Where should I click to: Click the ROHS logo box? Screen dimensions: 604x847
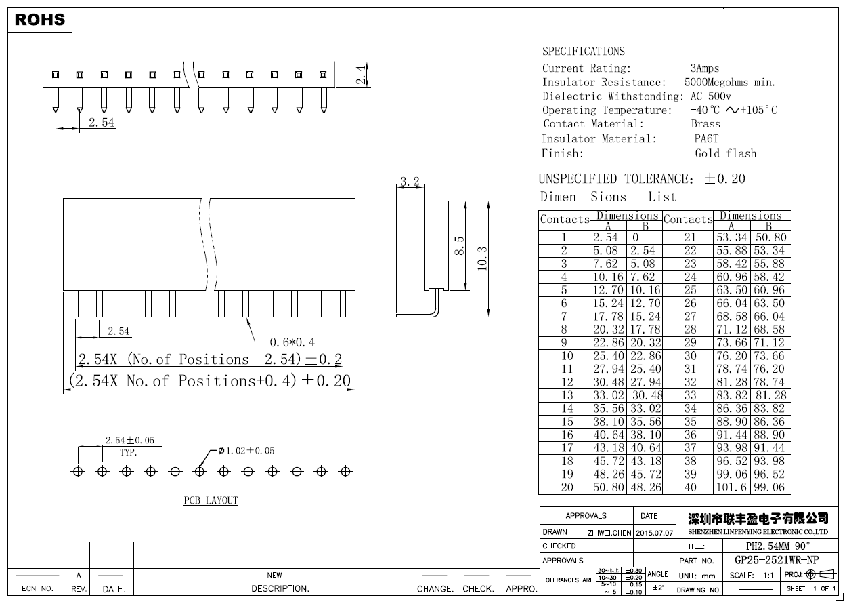point(40,20)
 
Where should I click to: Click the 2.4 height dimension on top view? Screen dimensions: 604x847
point(362,75)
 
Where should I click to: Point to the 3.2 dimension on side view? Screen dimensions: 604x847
point(410,182)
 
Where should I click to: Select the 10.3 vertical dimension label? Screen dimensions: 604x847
point(482,258)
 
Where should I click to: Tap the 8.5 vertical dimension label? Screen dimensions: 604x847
point(458,245)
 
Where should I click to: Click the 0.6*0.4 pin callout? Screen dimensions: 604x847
point(292,342)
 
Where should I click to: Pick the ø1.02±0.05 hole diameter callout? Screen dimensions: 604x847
point(246,451)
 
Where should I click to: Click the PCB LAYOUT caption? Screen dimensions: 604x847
point(211,500)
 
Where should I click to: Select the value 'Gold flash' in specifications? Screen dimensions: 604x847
point(725,153)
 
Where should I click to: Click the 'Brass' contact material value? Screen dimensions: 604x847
point(705,124)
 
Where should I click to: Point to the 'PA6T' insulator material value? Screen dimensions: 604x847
point(706,139)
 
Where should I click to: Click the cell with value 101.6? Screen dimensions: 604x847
point(731,487)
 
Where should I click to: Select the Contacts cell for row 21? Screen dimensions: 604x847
point(690,237)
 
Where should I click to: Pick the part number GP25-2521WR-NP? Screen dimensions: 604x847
point(776,560)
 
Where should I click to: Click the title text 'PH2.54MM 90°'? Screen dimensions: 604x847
point(777,546)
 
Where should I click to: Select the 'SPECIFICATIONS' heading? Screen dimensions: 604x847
point(583,52)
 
